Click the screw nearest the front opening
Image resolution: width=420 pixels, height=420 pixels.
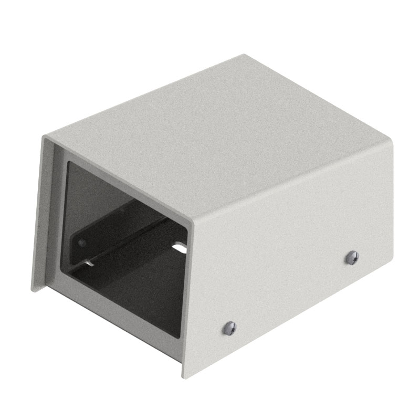coord(229,328)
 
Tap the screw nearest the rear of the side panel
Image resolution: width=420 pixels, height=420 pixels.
coord(352,257)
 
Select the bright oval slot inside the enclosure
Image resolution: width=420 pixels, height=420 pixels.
coord(179,245)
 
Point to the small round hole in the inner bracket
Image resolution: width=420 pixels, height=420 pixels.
coord(81,243)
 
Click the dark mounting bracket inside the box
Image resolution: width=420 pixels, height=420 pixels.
coord(121,236)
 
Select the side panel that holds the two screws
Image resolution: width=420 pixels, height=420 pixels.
coord(294,252)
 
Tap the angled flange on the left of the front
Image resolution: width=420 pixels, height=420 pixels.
coord(42,210)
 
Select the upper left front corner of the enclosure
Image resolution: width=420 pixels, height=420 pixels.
coord(45,135)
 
